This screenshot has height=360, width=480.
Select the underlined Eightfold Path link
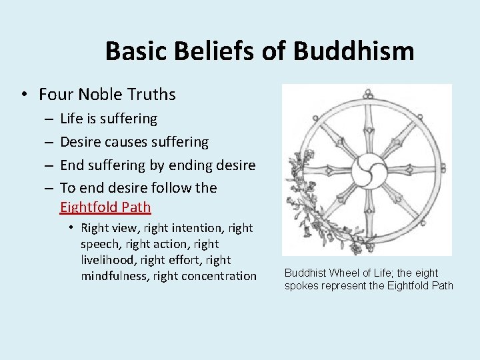[x=105, y=207]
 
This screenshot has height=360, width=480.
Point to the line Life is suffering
[x=109, y=119]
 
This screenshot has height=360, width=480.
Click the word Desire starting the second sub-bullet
[x=83, y=142]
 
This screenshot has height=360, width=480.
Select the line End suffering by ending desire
[x=157, y=165]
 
